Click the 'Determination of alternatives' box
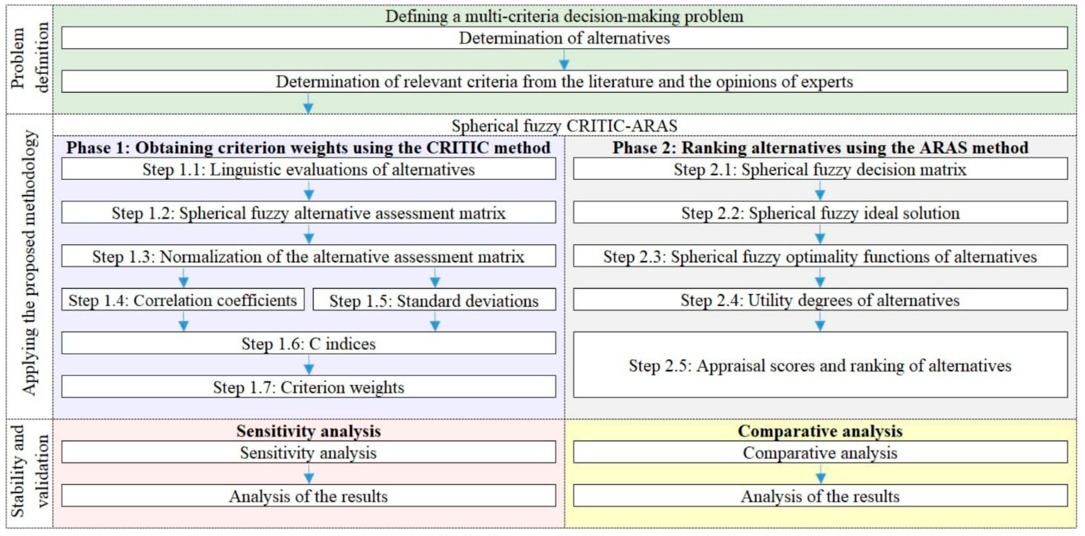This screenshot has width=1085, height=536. (x=564, y=38)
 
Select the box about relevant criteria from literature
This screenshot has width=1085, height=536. (x=564, y=82)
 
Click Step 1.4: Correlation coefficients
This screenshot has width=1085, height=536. (x=183, y=300)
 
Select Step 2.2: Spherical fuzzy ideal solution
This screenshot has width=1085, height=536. (x=820, y=213)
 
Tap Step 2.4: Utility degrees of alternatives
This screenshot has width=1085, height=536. (x=820, y=300)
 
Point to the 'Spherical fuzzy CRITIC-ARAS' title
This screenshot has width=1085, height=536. (x=564, y=126)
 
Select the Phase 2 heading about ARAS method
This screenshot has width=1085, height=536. (x=820, y=148)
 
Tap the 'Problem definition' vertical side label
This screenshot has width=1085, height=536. (x=29, y=58)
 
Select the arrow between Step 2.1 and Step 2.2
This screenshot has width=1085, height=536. (x=820, y=191)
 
